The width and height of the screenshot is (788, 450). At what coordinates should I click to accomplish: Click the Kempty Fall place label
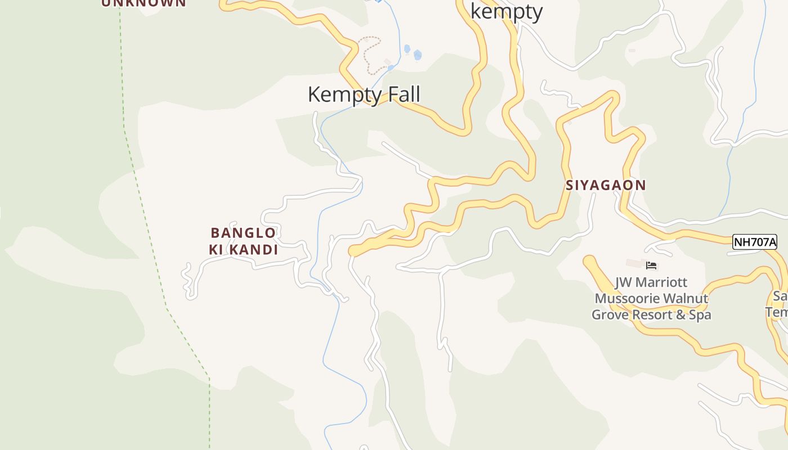(364, 94)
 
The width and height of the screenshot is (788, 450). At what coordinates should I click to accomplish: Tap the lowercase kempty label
(506, 11)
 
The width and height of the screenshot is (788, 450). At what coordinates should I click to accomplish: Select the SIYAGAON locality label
(606, 185)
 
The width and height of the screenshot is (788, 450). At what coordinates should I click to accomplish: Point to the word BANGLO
(243, 233)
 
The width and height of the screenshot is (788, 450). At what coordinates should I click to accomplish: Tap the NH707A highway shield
(754, 242)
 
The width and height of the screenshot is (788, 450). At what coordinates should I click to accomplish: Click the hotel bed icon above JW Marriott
(652, 265)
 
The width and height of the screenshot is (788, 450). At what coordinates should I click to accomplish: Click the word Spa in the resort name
(700, 315)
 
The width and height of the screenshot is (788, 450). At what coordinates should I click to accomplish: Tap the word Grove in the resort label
(610, 315)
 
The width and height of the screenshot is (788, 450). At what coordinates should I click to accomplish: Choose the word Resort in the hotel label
(652, 315)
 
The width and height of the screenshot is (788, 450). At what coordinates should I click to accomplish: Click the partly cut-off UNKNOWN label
(144, 3)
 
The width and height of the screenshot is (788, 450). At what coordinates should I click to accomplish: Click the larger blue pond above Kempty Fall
(418, 55)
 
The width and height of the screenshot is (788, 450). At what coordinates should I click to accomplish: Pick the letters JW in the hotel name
(623, 282)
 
